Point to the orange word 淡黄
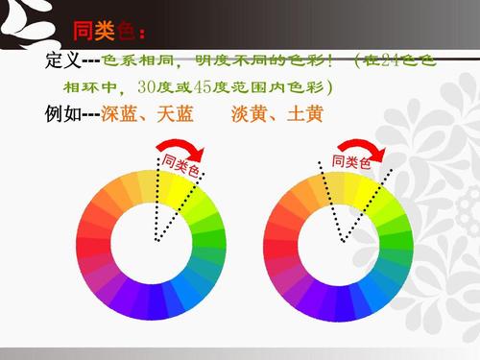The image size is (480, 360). (249, 114)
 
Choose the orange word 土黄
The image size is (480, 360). (302, 114)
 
